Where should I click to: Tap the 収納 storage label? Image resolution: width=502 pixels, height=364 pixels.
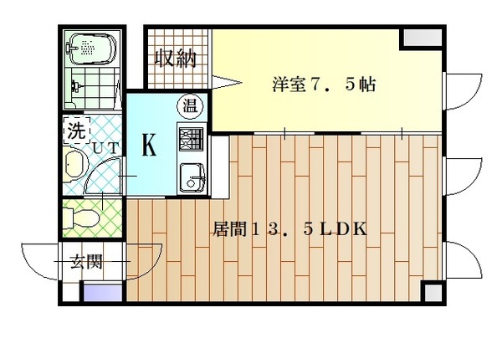[x=176, y=59]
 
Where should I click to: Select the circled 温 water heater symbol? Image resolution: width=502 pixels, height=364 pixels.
[x=189, y=106]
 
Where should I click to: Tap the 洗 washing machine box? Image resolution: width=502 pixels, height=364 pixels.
[x=75, y=131]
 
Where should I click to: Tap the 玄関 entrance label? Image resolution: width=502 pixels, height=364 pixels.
[x=85, y=262]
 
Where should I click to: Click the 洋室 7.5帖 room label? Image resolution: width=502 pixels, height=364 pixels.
[x=322, y=85]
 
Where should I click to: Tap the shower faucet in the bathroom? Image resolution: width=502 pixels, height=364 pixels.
[x=77, y=85]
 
